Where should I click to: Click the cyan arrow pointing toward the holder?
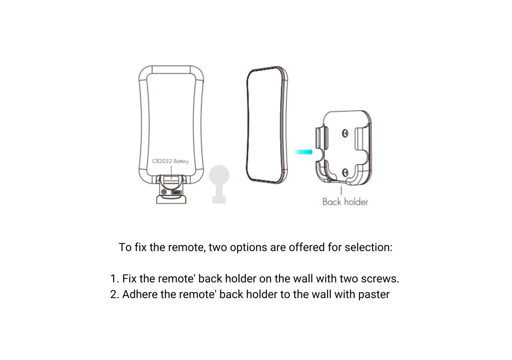[x=303, y=152]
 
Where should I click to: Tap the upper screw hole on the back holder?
[x=345, y=133]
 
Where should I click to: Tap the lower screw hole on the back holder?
[x=345, y=172]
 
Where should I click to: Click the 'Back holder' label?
[x=345, y=202]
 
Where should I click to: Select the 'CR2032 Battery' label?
[x=170, y=161]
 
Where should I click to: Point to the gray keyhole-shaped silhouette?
[x=219, y=184]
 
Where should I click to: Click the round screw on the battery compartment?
[x=164, y=192]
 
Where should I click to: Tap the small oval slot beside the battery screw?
[x=176, y=192]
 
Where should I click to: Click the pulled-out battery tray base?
[x=171, y=199]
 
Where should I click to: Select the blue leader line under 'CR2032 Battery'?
[x=171, y=172]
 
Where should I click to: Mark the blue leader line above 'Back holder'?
[x=341, y=190]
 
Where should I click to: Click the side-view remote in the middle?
[x=267, y=125]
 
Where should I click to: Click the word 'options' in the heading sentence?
[x=248, y=247]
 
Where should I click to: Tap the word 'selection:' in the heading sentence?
[x=368, y=247]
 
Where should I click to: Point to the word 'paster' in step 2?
[x=374, y=295]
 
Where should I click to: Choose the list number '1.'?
[x=114, y=279]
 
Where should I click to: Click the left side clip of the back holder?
[x=322, y=138]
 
